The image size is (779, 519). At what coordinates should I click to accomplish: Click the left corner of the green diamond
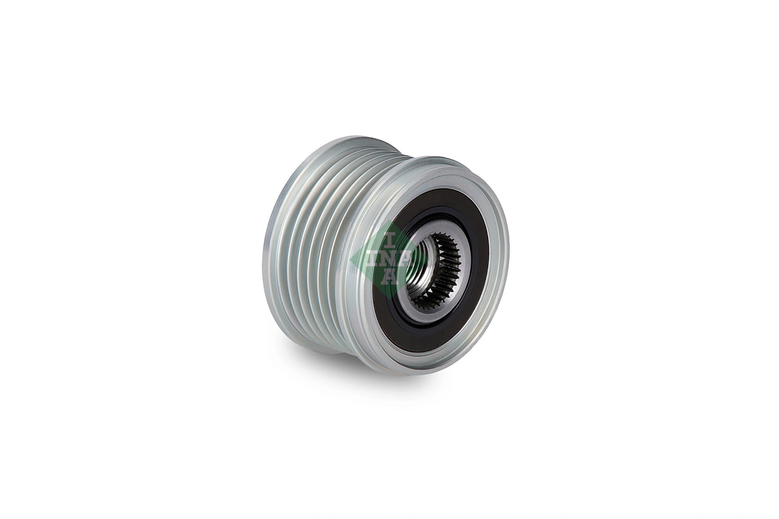[351, 258]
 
